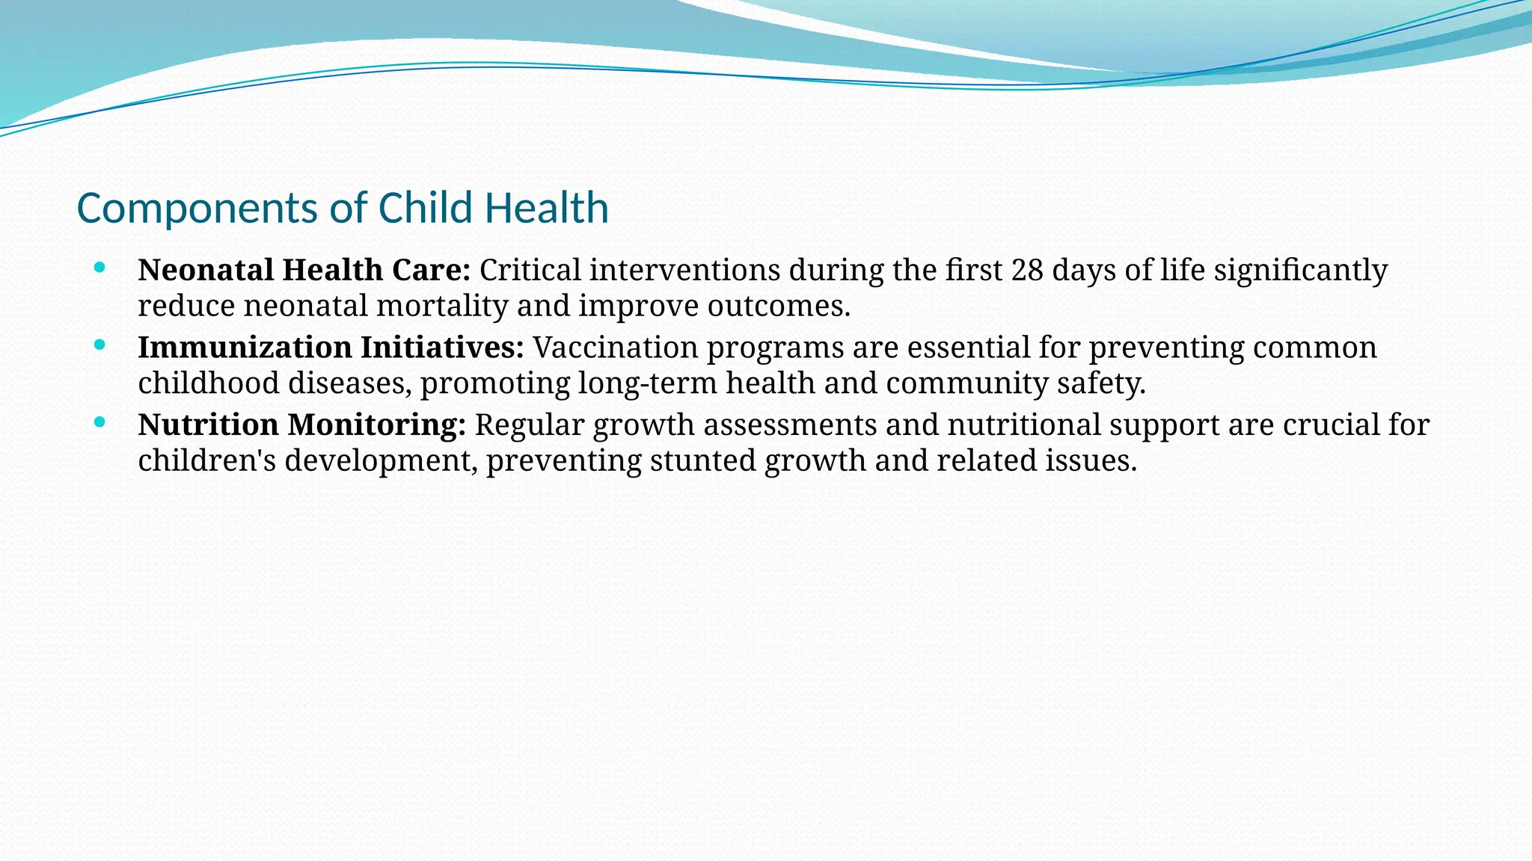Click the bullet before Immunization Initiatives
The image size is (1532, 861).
(x=99, y=345)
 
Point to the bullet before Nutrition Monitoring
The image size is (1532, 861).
(x=99, y=422)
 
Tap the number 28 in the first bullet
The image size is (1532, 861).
(x=1027, y=270)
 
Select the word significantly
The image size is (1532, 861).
(x=1301, y=270)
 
